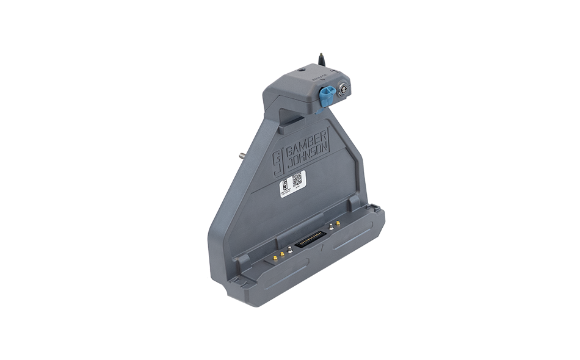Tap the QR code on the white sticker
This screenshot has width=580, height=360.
click(x=297, y=179)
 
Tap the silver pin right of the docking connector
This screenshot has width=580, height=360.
click(x=330, y=226)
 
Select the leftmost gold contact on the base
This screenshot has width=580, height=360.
click(x=274, y=258)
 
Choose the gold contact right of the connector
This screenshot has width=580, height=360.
click(x=338, y=223)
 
